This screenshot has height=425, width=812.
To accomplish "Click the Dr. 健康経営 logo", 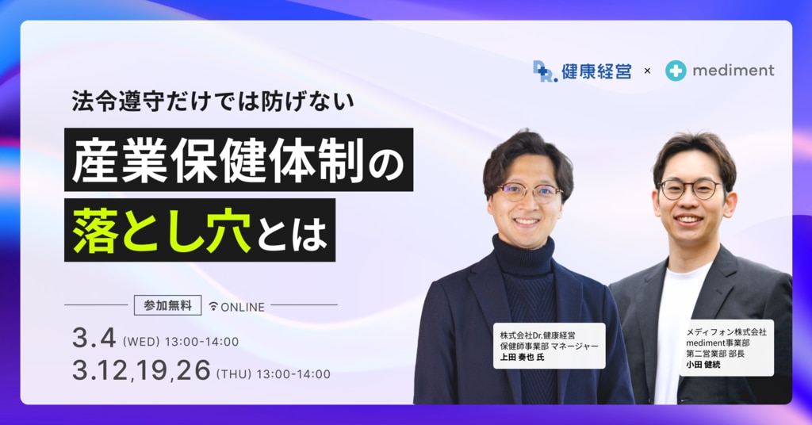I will [x=582, y=71].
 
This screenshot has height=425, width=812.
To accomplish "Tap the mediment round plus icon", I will [x=676, y=71].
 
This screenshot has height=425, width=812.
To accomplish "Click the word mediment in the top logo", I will [x=733, y=71].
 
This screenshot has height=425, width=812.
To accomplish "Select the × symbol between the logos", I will [x=647, y=71].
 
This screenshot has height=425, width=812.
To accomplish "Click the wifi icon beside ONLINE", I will [x=213, y=306].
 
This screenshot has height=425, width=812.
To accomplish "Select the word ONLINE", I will [x=243, y=306].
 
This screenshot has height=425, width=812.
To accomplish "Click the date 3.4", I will [x=94, y=339].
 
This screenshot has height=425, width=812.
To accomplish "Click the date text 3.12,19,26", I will [x=141, y=370].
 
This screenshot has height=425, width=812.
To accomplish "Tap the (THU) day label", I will [x=233, y=373].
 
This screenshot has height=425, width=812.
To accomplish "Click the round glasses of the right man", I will [x=690, y=189].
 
